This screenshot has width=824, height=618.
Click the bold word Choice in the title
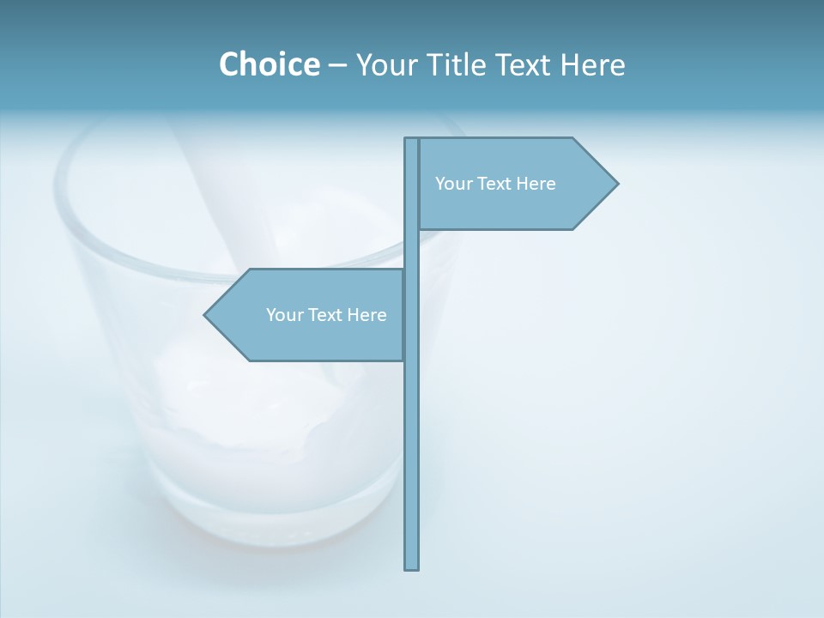(x=269, y=64)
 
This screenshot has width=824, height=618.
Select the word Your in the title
(x=385, y=64)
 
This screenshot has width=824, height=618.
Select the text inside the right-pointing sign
(x=495, y=184)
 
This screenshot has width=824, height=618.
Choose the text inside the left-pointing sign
(x=326, y=315)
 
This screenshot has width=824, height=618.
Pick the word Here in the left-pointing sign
(x=367, y=315)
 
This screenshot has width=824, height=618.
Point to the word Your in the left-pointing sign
(x=283, y=315)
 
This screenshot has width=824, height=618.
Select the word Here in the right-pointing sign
(x=536, y=184)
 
